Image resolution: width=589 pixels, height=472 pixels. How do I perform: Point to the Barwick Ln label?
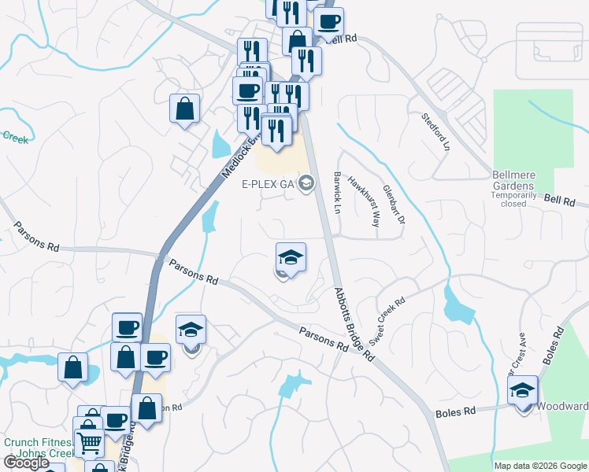[338, 194]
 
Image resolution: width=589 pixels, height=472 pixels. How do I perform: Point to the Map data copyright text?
[540, 466]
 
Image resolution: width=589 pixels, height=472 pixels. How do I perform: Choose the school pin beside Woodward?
[522, 393]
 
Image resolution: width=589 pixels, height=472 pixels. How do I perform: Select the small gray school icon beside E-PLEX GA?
[306, 184]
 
